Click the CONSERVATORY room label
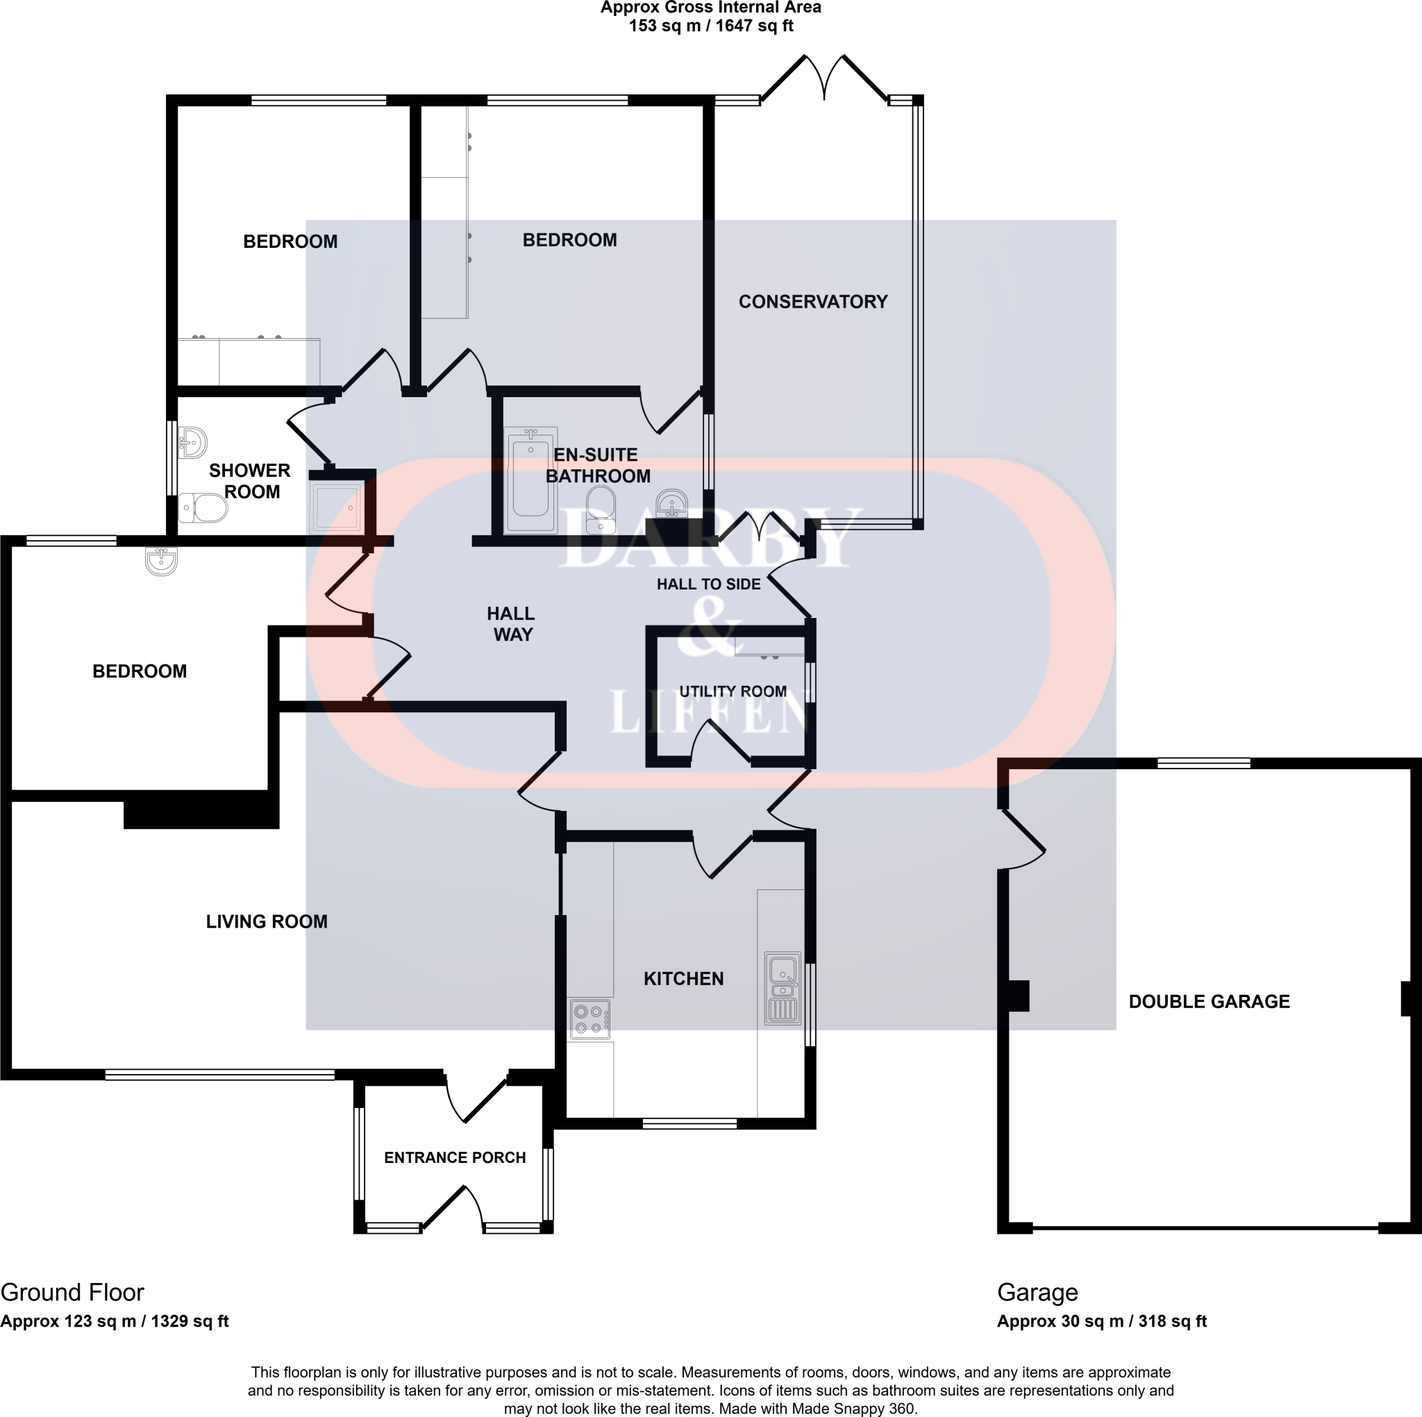812,302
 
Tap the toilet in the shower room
203,508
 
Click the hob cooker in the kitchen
589,1018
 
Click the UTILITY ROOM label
733,691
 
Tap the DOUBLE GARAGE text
1209,1002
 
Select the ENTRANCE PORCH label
455,1158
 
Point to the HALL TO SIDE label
708,585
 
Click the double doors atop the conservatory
824,77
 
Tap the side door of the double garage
1023,839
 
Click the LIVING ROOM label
267,921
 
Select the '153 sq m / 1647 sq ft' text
710,26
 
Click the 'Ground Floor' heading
72,1293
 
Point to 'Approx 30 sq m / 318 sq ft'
1101,1321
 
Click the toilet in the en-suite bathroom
601,510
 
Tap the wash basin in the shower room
193,443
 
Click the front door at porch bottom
453,1208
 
